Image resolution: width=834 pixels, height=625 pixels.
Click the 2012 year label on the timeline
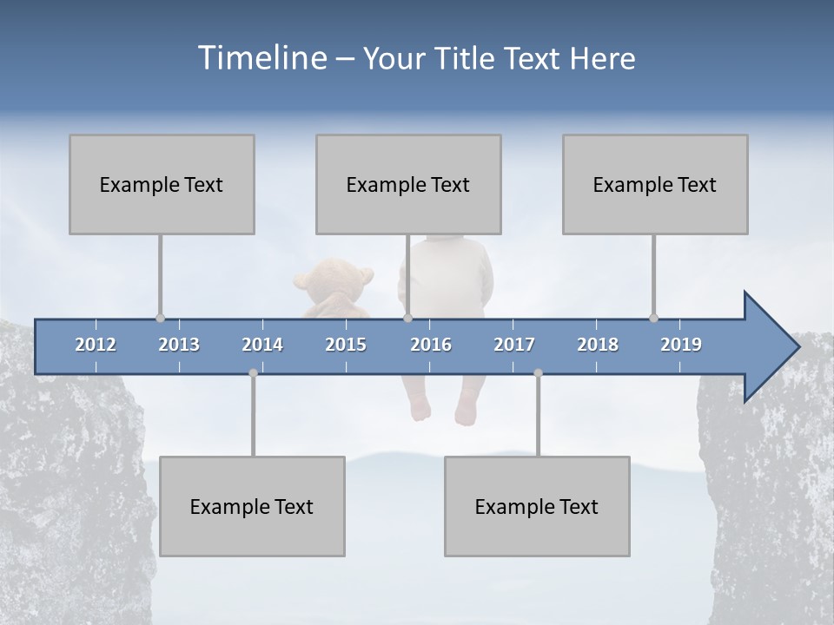(x=96, y=345)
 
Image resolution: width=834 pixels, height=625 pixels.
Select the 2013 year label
(x=179, y=345)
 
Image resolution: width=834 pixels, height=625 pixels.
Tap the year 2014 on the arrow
(x=262, y=345)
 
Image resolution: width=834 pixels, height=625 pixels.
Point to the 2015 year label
(x=346, y=345)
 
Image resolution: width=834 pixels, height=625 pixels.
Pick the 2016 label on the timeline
(x=431, y=345)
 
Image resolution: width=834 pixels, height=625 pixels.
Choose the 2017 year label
(x=514, y=345)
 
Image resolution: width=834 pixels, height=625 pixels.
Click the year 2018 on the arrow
(x=598, y=345)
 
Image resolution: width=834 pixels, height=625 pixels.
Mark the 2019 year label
(x=681, y=345)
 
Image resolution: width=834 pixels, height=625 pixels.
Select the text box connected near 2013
(x=162, y=184)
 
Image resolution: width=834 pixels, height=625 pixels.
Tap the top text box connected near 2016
(x=408, y=184)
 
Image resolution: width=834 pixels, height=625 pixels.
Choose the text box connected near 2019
(x=655, y=184)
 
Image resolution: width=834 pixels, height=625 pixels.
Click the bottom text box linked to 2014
(x=252, y=506)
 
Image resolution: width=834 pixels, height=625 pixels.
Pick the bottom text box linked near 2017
(x=537, y=506)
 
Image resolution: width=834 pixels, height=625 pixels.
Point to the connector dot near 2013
(x=160, y=319)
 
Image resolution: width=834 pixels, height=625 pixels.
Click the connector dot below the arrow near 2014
(x=253, y=373)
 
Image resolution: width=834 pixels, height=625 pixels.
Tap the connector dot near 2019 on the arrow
(x=653, y=319)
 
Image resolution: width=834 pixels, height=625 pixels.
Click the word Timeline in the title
(x=261, y=58)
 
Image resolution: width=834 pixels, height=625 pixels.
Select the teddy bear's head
(x=334, y=280)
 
